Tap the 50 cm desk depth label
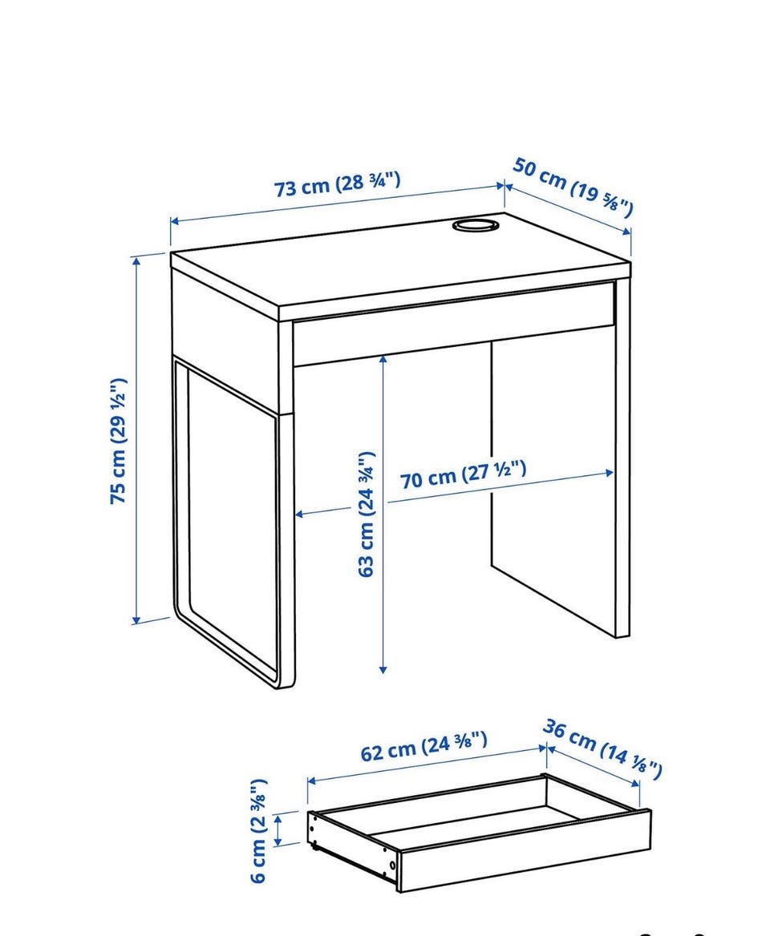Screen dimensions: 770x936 [x=572, y=186]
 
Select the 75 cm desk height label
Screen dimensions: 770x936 [x=118, y=441]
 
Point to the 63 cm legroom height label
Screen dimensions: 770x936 [x=366, y=514]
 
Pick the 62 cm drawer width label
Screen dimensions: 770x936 [x=423, y=746]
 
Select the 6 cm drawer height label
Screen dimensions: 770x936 [x=258, y=830]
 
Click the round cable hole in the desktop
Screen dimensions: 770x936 [x=475, y=225]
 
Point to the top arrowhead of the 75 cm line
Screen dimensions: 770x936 [x=137, y=260]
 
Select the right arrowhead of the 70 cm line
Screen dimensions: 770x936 [x=609, y=474]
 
